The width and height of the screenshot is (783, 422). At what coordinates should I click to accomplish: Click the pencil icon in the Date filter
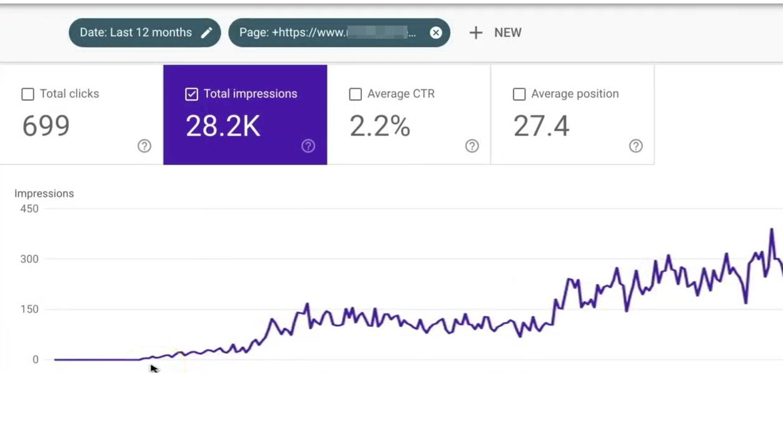(x=206, y=33)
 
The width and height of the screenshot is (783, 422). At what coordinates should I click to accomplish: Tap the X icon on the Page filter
(x=436, y=33)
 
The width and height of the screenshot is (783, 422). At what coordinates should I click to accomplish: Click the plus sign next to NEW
(x=476, y=33)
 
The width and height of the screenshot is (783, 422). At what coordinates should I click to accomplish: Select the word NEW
(x=507, y=33)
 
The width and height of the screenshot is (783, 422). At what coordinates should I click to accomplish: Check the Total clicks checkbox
(x=27, y=94)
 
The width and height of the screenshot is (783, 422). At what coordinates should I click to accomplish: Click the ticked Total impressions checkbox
(x=192, y=94)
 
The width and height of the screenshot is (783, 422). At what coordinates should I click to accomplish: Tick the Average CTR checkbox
(x=356, y=94)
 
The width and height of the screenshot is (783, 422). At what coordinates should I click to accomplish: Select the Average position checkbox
(x=519, y=94)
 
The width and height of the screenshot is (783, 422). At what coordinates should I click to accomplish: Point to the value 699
(x=46, y=126)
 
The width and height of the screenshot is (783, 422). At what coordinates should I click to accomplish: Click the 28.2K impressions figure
(x=222, y=126)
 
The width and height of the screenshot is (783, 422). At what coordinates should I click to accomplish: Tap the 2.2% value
(x=379, y=126)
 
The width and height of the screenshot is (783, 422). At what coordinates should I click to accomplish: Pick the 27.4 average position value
(x=541, y=126)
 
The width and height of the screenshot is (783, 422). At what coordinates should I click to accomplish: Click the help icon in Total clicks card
(x=144, y=146)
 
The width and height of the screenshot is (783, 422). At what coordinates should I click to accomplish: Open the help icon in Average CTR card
(x=472, y=146)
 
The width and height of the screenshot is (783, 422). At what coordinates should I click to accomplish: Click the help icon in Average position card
(x=636, y=146)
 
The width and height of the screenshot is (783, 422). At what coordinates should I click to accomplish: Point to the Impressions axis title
(x=44, y=194)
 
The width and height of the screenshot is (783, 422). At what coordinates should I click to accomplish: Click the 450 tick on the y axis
(x=29, y=209)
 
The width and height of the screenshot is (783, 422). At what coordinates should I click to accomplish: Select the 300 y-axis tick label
(x=29, y=259)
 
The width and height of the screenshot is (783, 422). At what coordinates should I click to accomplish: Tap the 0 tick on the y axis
(x=36, y=359)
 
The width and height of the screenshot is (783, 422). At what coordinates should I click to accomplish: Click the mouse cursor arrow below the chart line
(x=154, y=369)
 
